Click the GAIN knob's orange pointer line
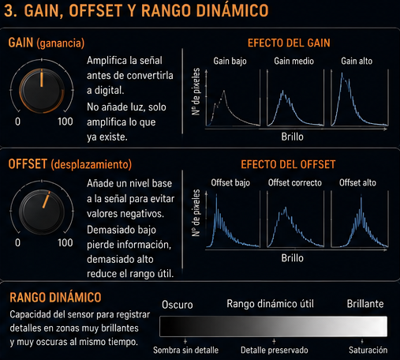(42, 78)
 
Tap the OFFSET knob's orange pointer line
(46, 200)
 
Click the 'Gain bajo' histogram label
(230, 61)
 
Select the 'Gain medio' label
(293, 61)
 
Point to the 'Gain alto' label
(357, 61)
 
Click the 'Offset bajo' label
(230, 182)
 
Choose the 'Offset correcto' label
(295, 182)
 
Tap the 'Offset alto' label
(357, 182)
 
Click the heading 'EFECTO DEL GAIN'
(289, 43)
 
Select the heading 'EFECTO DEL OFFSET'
(288, 164)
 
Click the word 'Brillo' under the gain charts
(292, 137)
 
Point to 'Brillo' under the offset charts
(292, 258)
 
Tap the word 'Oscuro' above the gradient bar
(178, 305)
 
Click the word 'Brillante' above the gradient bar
(365, 304)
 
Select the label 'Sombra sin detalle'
(185, 351)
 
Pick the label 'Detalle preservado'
(275, 351)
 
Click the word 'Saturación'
(368, 351)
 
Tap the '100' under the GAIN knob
(65, 122)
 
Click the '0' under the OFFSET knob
(17, 242)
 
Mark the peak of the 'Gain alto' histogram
(342, 73)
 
